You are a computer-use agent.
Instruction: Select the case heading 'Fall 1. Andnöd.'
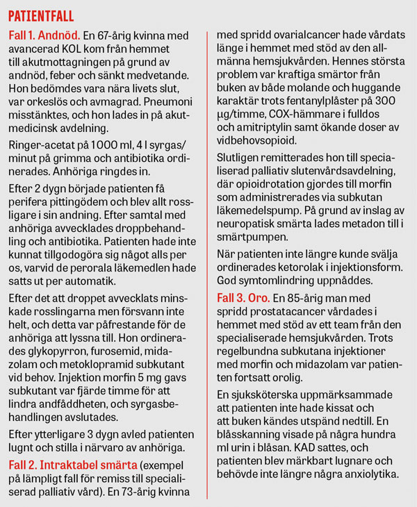click(43, 34)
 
